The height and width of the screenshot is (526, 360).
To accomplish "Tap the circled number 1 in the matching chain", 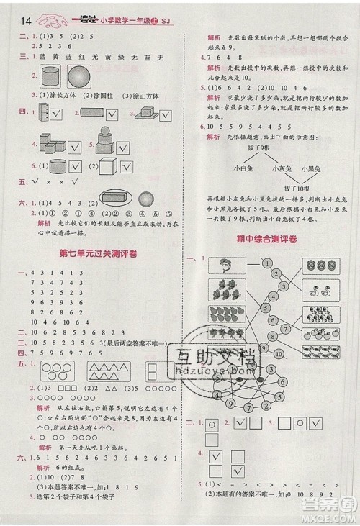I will coord(266,263).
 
